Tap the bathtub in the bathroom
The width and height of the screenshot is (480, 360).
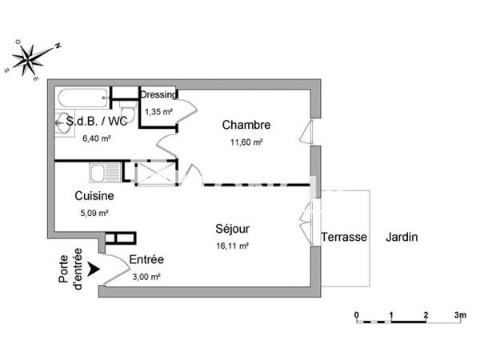83,98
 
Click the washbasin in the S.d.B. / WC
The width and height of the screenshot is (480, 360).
64,123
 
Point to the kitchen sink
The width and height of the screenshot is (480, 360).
105,172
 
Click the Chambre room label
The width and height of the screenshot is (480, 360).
246,125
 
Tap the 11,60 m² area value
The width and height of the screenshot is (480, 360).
246,142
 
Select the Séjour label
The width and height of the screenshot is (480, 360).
232,229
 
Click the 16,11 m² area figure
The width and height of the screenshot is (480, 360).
232,246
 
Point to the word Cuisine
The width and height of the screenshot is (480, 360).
94,196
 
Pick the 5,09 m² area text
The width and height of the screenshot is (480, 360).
94,213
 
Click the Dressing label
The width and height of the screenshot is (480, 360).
158,95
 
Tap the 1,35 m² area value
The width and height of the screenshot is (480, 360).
159,112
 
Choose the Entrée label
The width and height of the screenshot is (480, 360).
146,259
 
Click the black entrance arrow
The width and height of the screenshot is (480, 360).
94,269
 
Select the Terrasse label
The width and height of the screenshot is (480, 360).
344,237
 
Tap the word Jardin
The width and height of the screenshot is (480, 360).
402,237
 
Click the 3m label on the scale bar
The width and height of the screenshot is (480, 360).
460,314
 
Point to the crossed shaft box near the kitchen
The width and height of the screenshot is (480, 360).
156,173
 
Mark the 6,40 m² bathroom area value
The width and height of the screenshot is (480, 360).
97,138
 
